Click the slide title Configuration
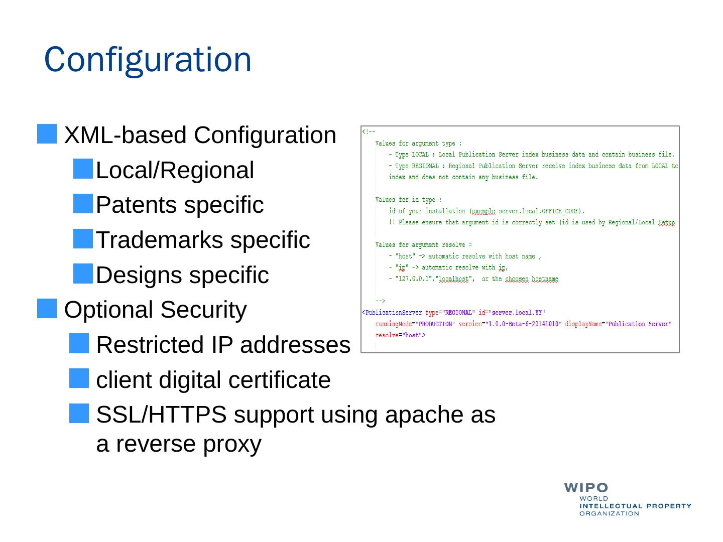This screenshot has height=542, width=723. point(148,59)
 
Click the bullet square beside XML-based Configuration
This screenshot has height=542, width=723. point(47,134)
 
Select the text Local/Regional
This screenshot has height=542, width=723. point(175,170)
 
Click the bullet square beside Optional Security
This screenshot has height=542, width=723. point(47,309)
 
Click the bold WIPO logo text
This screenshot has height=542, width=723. point(586,488)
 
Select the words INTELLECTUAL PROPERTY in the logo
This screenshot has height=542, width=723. point(635,506)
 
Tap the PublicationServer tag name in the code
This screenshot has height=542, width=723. point(393,313)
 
